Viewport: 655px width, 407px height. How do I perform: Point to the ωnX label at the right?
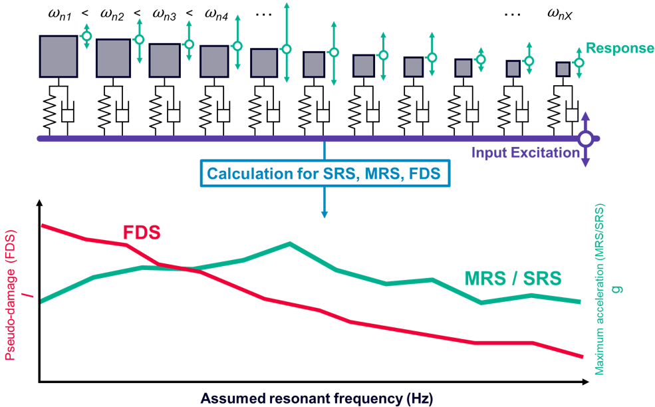561,14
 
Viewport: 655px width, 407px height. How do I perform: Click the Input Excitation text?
525,153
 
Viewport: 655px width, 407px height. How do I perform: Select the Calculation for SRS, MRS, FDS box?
324,174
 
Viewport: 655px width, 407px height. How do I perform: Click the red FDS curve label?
142,232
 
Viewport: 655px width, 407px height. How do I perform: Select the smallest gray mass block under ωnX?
563,68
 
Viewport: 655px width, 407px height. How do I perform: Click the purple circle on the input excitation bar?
586,138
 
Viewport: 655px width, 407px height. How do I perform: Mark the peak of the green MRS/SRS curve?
290,243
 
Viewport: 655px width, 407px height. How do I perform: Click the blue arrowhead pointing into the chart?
325,214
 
